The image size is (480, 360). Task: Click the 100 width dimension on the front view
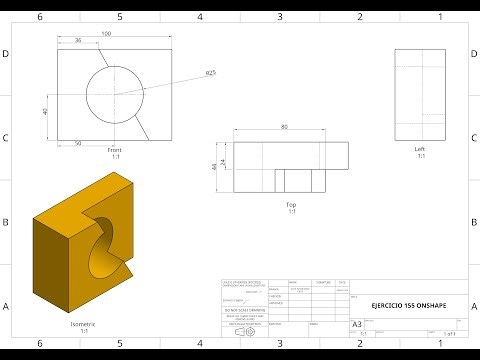[x=107, y=35]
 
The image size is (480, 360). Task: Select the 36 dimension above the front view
[x=78, y=42]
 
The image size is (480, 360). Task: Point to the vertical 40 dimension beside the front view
[x=46, y=112]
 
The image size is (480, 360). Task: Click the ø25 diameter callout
[x=211, y=73]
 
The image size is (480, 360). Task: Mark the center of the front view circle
[x=114, y=95]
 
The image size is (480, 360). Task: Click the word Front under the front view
[x=114, y=150]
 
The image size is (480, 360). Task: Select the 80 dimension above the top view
[x=285, y=128]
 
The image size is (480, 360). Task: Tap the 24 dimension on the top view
[x=224, y=161]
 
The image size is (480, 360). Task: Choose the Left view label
[x=420, y=150]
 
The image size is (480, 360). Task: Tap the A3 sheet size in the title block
[x=357, y=324]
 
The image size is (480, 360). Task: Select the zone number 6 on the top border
[x=40, y=17]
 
